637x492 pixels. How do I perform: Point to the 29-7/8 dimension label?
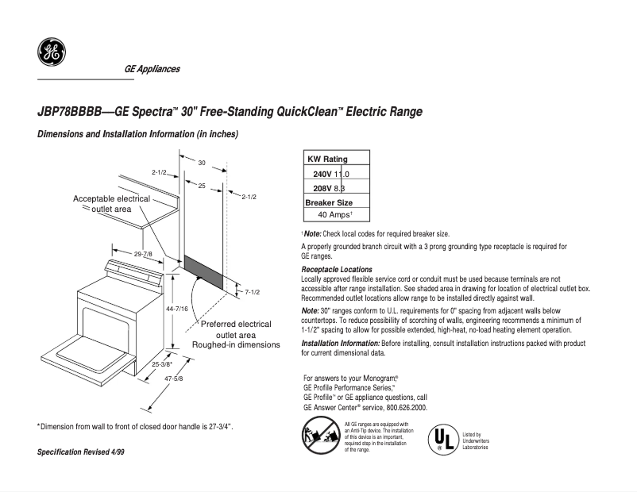click(144, 253)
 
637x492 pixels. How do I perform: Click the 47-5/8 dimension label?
click(174, 379)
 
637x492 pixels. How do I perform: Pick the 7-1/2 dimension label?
click(252, 292)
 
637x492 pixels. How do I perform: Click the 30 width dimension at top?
click(202, 163)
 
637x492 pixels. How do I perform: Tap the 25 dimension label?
click(202, 185)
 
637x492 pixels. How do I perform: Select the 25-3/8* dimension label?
click(162, 364)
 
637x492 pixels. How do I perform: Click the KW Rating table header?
click(327, 159)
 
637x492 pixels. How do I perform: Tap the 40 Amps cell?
click(334, 215)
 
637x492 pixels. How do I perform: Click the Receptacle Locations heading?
click(337, 270)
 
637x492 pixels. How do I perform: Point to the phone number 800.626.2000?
click(402, 407)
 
